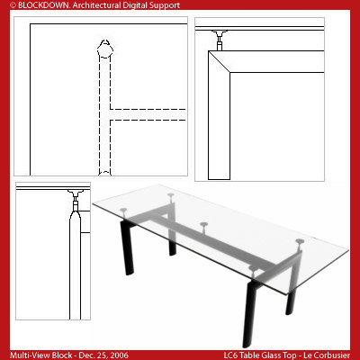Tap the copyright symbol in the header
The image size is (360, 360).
pyautogui.click(x=4, y=5)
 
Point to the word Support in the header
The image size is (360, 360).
pyautogui.click(x=163, y=5)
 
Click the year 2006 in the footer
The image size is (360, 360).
pyautogui.click(x=118, y=355)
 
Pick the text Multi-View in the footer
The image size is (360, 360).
pyautogui.click(x=24, y=355)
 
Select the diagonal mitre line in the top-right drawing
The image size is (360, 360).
pyautogui.click(x=220, y=63)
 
